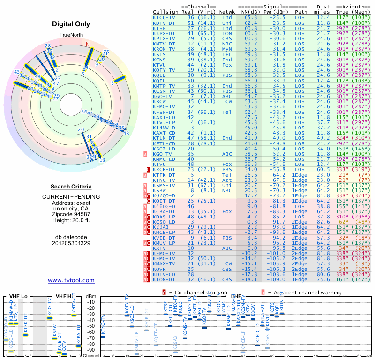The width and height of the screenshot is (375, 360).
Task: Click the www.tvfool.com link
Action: click(x=71, y=280)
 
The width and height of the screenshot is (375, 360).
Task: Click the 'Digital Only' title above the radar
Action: click(x=71, y=24)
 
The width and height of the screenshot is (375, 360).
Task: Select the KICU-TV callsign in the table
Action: click(x=165, y=17)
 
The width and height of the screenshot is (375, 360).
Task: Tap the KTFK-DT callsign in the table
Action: click(x=165, y=174)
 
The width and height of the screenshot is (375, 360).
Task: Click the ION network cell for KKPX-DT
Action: click(x=227, y=33)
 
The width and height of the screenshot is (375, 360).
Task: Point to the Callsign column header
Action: click(x=165, y=12)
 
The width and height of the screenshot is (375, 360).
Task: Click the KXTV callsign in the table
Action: click(x=161, y=248)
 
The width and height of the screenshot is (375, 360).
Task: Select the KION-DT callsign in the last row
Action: click(x=165, y=279)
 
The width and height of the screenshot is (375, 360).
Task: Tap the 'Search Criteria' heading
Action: click(x=71, y=187)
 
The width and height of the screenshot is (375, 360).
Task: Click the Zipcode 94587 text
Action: click(x=71, y=214)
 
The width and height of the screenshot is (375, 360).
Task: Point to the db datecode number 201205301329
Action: click(x=71, y=243)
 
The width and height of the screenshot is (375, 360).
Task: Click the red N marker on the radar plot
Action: click(x=87, y=45)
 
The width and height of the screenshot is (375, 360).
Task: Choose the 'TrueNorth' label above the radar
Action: click(x=71, y=35)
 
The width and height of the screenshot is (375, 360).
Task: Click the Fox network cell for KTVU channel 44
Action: click(x=227, y=65)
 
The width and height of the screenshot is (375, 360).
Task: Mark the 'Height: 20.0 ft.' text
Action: click(x=71, y=220)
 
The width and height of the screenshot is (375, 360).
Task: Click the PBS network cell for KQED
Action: click(x=227, y=75)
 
